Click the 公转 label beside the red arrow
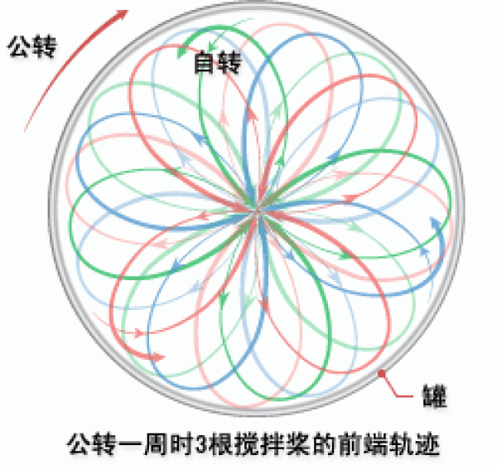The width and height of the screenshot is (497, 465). click(x=32, y=47)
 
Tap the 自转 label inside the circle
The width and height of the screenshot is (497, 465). click(x=217, y=62)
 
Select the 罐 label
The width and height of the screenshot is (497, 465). click(x=435, y=396)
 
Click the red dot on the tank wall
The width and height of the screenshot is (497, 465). click(x=382, y=374)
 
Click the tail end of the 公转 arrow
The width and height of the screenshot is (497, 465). click(x=26, y=130)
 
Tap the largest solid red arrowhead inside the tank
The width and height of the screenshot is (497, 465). click(x=156, y=356)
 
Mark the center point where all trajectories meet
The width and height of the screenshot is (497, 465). click(x=258, y=211)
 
